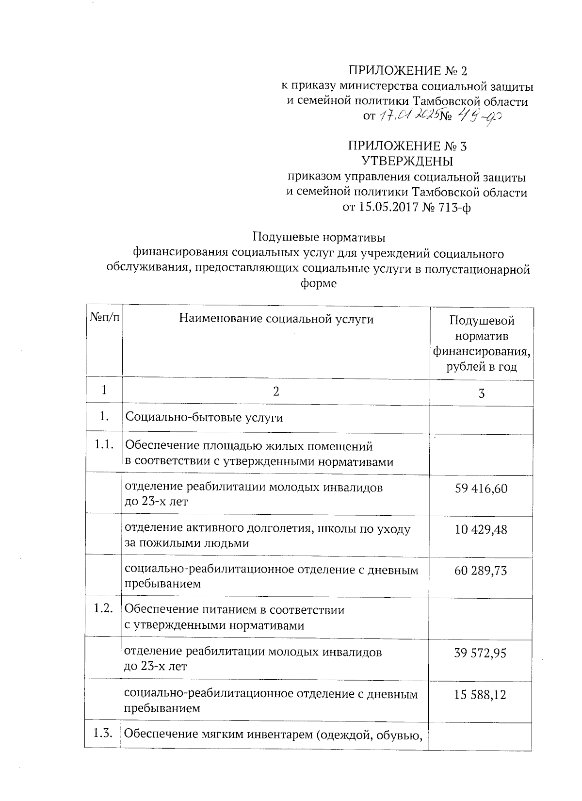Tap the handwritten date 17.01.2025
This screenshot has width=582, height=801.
pyautogui.click(x=409, y=115)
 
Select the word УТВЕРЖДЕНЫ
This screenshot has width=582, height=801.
pyautogui.click(x=408, y=160)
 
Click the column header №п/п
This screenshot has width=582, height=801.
pyautogui.click(x=104, y=318)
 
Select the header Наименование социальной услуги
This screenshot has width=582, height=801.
pyautogui.click(x=276, y=319)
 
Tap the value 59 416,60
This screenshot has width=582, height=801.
pyautogui.click(x=481, y=488)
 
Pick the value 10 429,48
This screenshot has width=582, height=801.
pyautogui.click(x=481, y=529)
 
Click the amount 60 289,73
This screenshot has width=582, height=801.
pyautogui.click(x=481, y=571)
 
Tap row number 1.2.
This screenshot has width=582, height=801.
pyautogui.click(x=104, y=608)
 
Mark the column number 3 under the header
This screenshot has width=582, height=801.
pyautogui.click(x=481, y=393)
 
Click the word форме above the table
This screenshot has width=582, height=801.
pyautogui.click(x=319, y=284)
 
